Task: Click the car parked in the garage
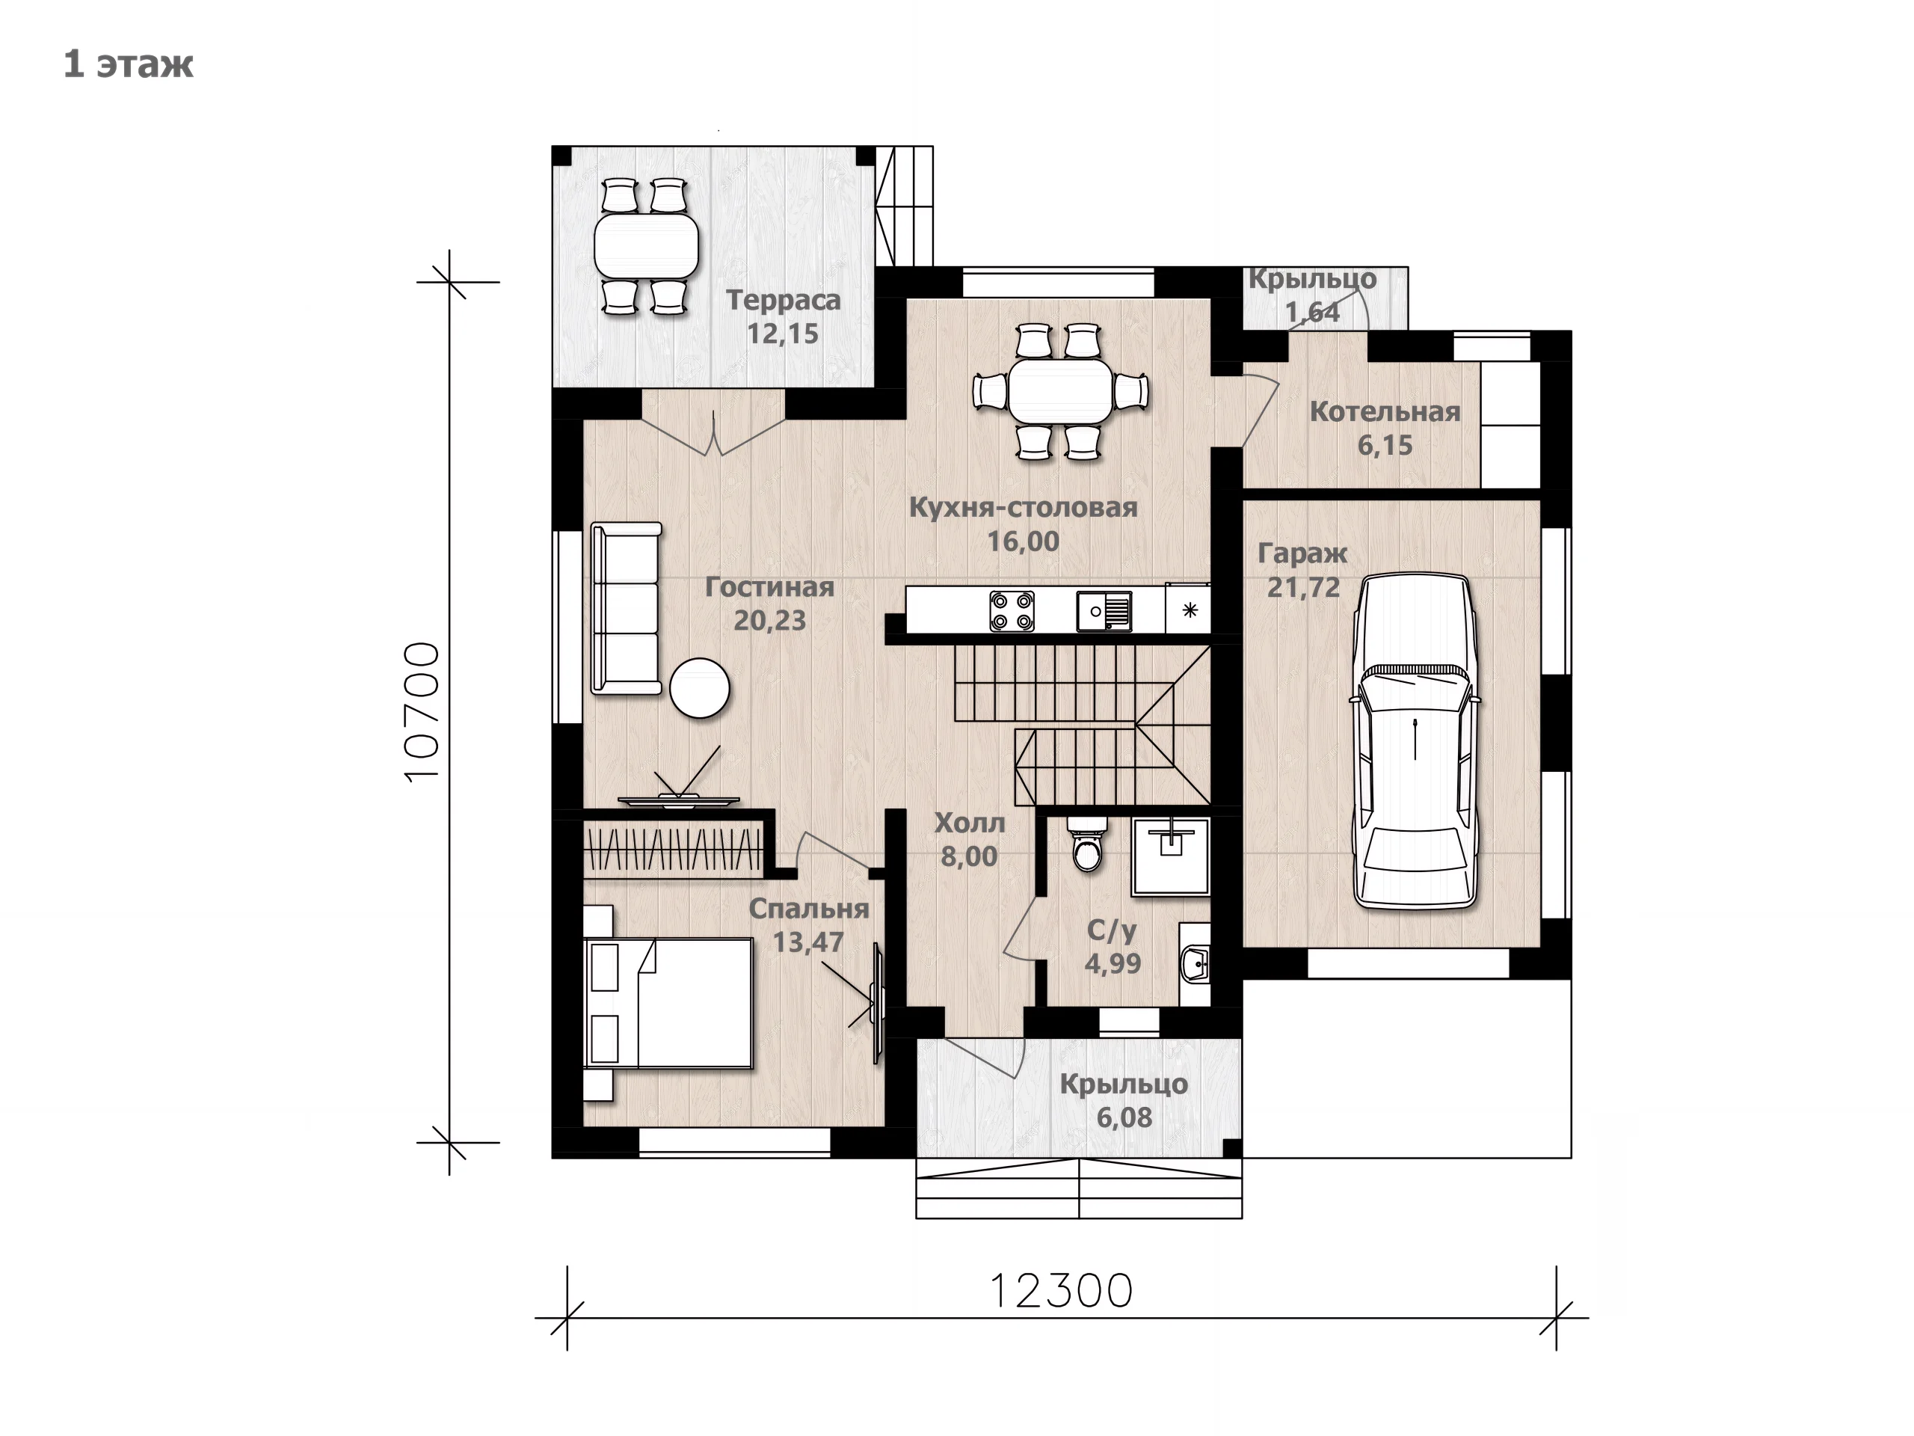tap(1415, 742)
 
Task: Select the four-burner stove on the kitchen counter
tap(1012, 611)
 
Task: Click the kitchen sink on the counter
tap(1104, 611)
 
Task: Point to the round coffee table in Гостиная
tap(700, 688)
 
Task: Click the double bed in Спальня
tap(668, 1003)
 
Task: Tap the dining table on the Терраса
tap(647, 245)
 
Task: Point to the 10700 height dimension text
tap(423, 712)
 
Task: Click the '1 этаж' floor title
tap(128, 65)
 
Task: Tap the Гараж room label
tap(1302, 554)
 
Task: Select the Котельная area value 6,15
tap(1385, 446)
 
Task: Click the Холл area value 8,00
tap(969, 857)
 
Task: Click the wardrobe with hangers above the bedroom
tap(673, 849)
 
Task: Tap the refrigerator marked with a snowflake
tap(1190, 610)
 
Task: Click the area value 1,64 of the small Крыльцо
tap(1312, 313)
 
